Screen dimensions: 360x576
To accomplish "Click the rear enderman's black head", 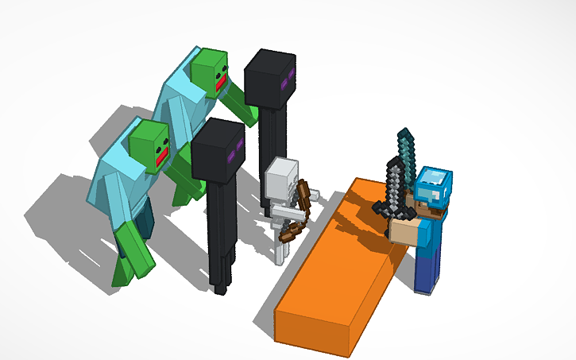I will [269, 78].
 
